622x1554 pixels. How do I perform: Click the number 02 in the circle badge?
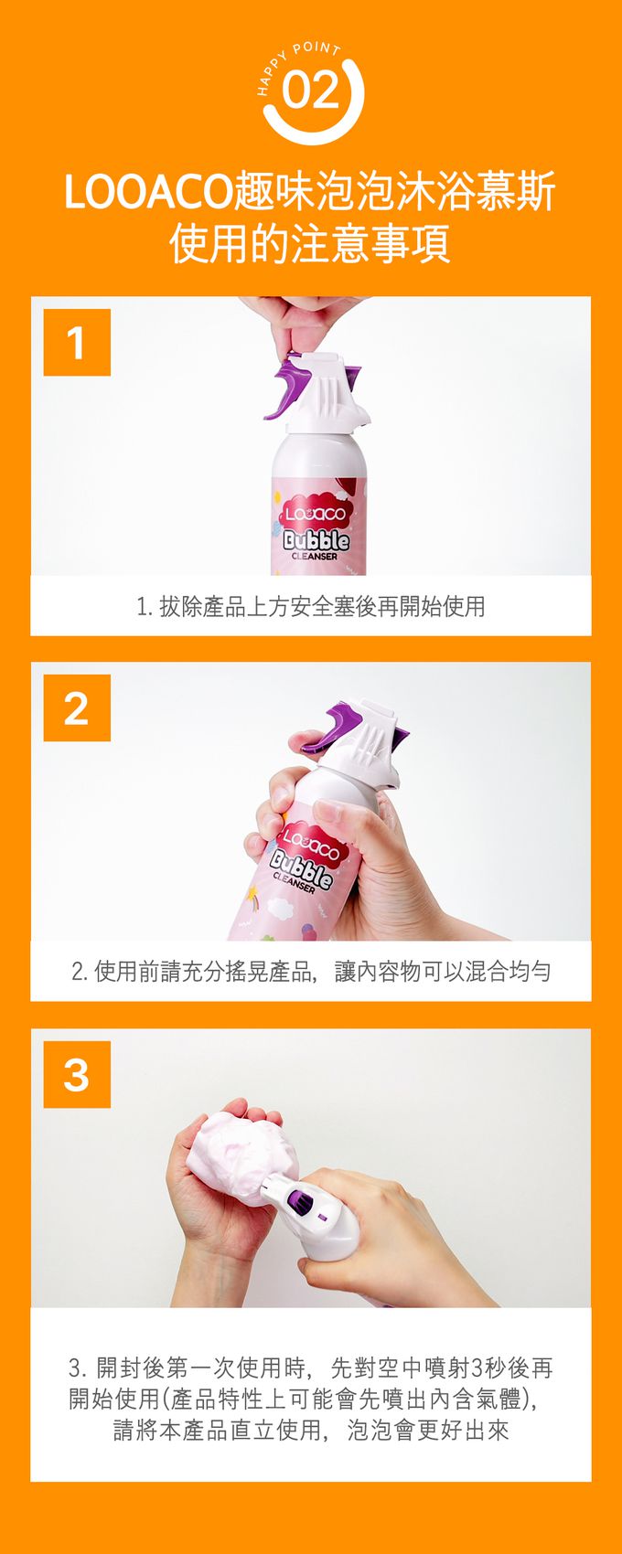click(x=310, y=91)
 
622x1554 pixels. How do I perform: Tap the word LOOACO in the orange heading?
click(x=148, y=193)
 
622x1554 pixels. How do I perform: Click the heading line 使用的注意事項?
click(x=310, y=243)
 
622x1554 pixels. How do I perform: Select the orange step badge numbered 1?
click(x=76, y=343)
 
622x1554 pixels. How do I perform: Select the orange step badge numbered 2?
click(x=76, y=708)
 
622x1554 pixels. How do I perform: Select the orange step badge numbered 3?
click(x=76, y=1075)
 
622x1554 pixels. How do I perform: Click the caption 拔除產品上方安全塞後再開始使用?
click(x=322, y=606)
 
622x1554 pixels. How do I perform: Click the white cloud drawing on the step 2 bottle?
click(x=280, y=908)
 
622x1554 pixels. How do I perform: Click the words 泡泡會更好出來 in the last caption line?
click(x=428, y=1430)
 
